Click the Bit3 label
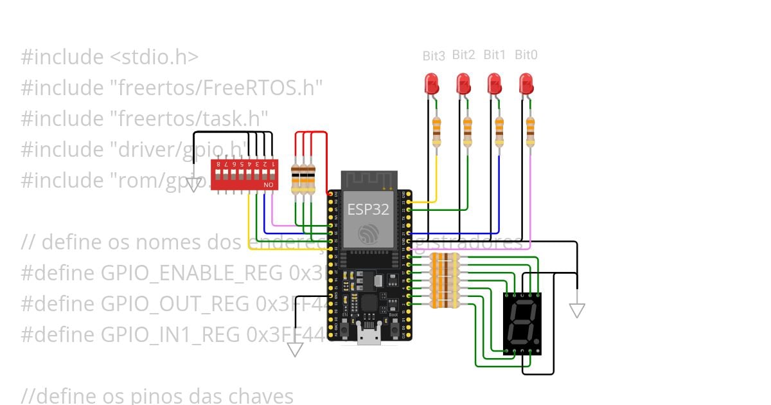tap(434, 56)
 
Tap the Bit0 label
tap(526, 55)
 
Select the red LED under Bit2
tap(463, 84)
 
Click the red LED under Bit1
tap(494, 84)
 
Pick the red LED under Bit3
tap(432, 84)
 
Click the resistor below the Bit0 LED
tap(530, 131)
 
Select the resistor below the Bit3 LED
tap(437, 131)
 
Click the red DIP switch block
tap(244, 175)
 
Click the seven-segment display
tap(522, 323)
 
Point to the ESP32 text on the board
tap(368, 209)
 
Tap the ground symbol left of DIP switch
tap(193, 185)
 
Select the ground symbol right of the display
tap(577, 310)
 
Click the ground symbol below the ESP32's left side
tap(295, 349)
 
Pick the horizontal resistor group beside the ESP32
tap(445, 280)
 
